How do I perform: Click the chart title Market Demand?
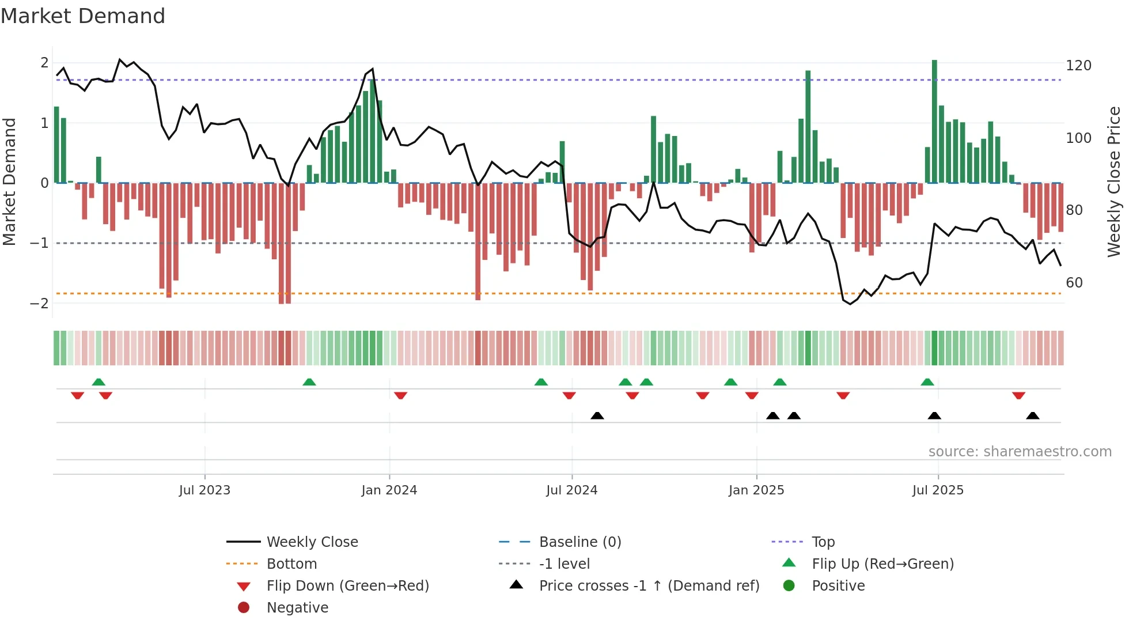click(83, 16)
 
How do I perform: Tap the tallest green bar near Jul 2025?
click(934, 121)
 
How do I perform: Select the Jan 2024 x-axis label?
click(389, 490)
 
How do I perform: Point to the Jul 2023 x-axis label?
click(204, 490)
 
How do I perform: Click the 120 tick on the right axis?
click(1078, 66)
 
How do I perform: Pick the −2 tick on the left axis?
click(40, 304)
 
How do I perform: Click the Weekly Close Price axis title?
click(1114, 182)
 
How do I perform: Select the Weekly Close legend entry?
click(312, 542)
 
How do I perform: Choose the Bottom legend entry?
click(291, 564)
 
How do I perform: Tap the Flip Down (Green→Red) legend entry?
click(347, 586)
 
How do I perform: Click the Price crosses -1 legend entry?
click(649, 586)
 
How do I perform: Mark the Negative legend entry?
click(297, 608)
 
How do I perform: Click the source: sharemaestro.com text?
click(1020, 452)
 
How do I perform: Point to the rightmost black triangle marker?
click(1033, 415)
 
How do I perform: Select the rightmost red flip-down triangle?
click(1018, 395)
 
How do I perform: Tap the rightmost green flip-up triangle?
click(927, 382)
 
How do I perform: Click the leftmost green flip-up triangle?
click(98, 382)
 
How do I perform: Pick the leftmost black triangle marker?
click(597, 415)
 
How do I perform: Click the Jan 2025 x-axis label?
click(756, 490)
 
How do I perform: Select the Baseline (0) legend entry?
click(579, 542)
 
